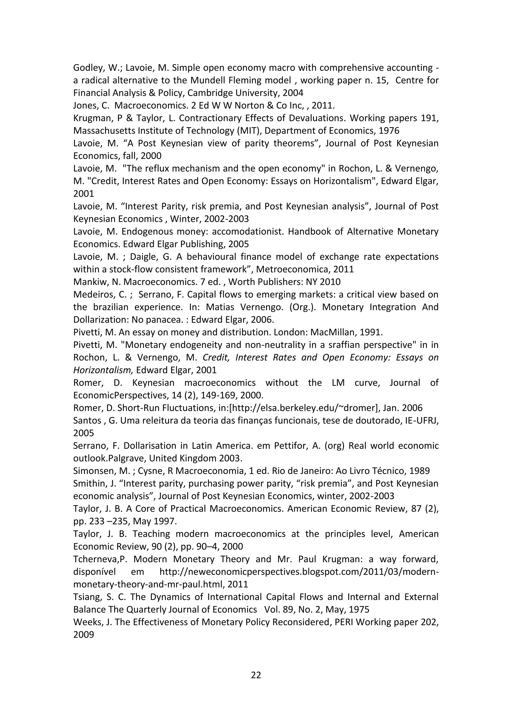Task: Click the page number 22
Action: click(256, 675)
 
